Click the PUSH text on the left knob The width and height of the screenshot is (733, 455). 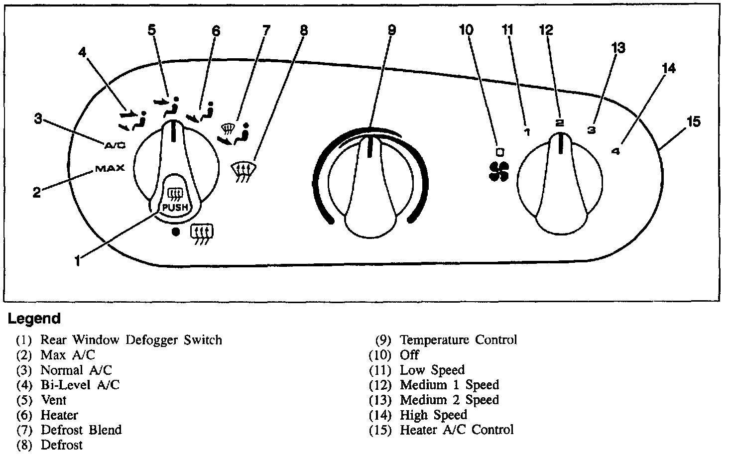(172, 206)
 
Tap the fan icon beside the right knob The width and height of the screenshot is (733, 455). (497, 171)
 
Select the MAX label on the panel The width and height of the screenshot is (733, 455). (110, 168)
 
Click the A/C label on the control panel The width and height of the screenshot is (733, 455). (115, 145)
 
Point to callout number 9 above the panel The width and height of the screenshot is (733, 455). (392, 30)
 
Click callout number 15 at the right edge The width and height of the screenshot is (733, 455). (693, 121)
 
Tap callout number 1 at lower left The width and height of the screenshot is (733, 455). (78, 260)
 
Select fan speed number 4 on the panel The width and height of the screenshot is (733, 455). (615, 151)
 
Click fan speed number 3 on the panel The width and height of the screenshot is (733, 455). (591, 130)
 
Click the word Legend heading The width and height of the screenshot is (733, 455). (34, 319)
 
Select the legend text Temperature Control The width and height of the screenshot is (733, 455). (458, 340)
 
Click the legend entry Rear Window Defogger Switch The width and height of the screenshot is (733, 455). (131, 340)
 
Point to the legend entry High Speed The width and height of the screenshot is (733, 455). (433, 415)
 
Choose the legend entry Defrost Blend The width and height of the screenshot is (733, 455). (81, 430)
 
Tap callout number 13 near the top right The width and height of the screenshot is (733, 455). (618, 48)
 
